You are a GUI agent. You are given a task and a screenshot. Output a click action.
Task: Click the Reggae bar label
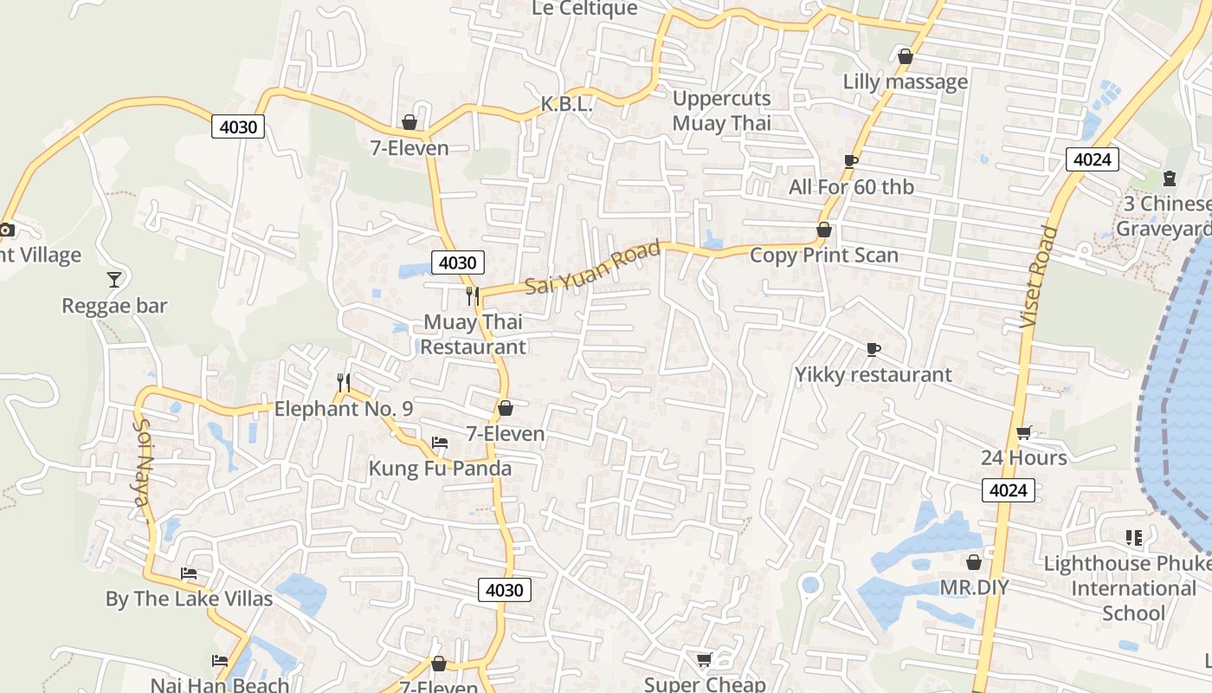114,306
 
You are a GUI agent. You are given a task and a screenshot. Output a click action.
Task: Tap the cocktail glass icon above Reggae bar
113,279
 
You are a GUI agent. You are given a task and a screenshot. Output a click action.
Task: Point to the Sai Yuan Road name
593,267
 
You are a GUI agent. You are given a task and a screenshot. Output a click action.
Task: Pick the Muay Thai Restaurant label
473,334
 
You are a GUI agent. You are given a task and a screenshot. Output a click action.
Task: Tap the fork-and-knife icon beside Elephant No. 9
344,383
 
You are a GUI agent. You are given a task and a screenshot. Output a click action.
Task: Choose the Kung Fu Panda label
440,469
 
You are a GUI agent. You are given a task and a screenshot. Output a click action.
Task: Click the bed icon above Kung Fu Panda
440,443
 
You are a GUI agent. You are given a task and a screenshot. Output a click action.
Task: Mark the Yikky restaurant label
874,374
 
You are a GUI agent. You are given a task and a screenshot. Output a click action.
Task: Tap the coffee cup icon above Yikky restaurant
874,349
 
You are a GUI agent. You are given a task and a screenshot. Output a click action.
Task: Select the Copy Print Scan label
824,255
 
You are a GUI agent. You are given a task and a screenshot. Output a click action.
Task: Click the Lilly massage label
906,81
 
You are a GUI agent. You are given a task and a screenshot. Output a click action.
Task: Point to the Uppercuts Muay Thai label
721,111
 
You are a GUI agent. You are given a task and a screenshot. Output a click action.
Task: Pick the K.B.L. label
566,104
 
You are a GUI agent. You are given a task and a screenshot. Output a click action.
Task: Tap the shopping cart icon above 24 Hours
1023,432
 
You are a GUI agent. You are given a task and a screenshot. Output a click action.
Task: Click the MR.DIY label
974,587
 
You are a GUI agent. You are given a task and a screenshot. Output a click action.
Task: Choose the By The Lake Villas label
189,599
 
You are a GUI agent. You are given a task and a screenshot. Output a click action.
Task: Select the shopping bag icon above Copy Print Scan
824,230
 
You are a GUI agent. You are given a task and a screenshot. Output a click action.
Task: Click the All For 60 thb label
851,186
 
